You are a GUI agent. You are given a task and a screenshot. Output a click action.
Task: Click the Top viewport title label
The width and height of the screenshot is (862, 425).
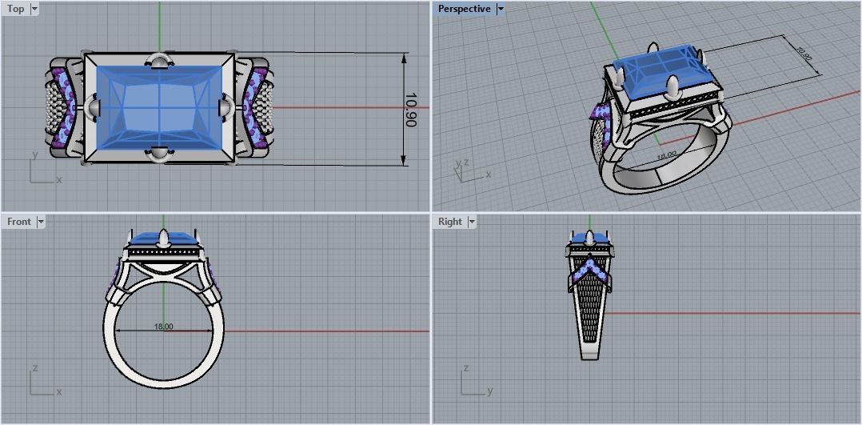click(x=15, y=9)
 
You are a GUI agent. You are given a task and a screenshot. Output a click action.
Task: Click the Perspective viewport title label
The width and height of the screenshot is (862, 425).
click(x=465, y=9)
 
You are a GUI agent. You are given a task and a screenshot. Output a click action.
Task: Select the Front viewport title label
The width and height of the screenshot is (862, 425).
click(x=18, y=222)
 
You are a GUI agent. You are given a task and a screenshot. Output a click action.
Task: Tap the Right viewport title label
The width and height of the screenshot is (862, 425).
click(x=450, y=222)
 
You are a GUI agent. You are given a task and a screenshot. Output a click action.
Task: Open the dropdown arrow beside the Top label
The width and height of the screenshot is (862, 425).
click(x=34, y=9)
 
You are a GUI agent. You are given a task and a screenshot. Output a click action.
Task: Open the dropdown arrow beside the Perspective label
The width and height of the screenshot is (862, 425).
click(x=501, y=9)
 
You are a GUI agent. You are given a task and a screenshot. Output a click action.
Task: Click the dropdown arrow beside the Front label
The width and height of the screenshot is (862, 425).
click(x=41, y=222)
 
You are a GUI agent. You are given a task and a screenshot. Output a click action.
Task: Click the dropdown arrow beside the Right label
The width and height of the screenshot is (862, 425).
click(x=472, y=222)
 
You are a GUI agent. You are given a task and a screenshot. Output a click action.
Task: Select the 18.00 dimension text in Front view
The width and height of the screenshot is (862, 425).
click(x=163, y=327)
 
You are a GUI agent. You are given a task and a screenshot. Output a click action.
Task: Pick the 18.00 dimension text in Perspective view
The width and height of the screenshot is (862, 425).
click(x=666, y=154)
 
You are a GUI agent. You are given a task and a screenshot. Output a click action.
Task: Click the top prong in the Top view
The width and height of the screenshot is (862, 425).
click(x=160, y=61)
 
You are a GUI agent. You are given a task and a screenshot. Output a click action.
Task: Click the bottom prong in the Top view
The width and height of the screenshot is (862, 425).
click(x=160, y=154)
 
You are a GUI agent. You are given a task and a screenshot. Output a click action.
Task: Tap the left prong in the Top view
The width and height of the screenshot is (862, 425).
click(x=93, y=107)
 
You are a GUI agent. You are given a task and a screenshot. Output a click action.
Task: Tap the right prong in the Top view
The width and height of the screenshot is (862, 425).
click(x=226, y=107)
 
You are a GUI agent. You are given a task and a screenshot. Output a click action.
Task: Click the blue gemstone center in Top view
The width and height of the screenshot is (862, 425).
click(x=160, y=107)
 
